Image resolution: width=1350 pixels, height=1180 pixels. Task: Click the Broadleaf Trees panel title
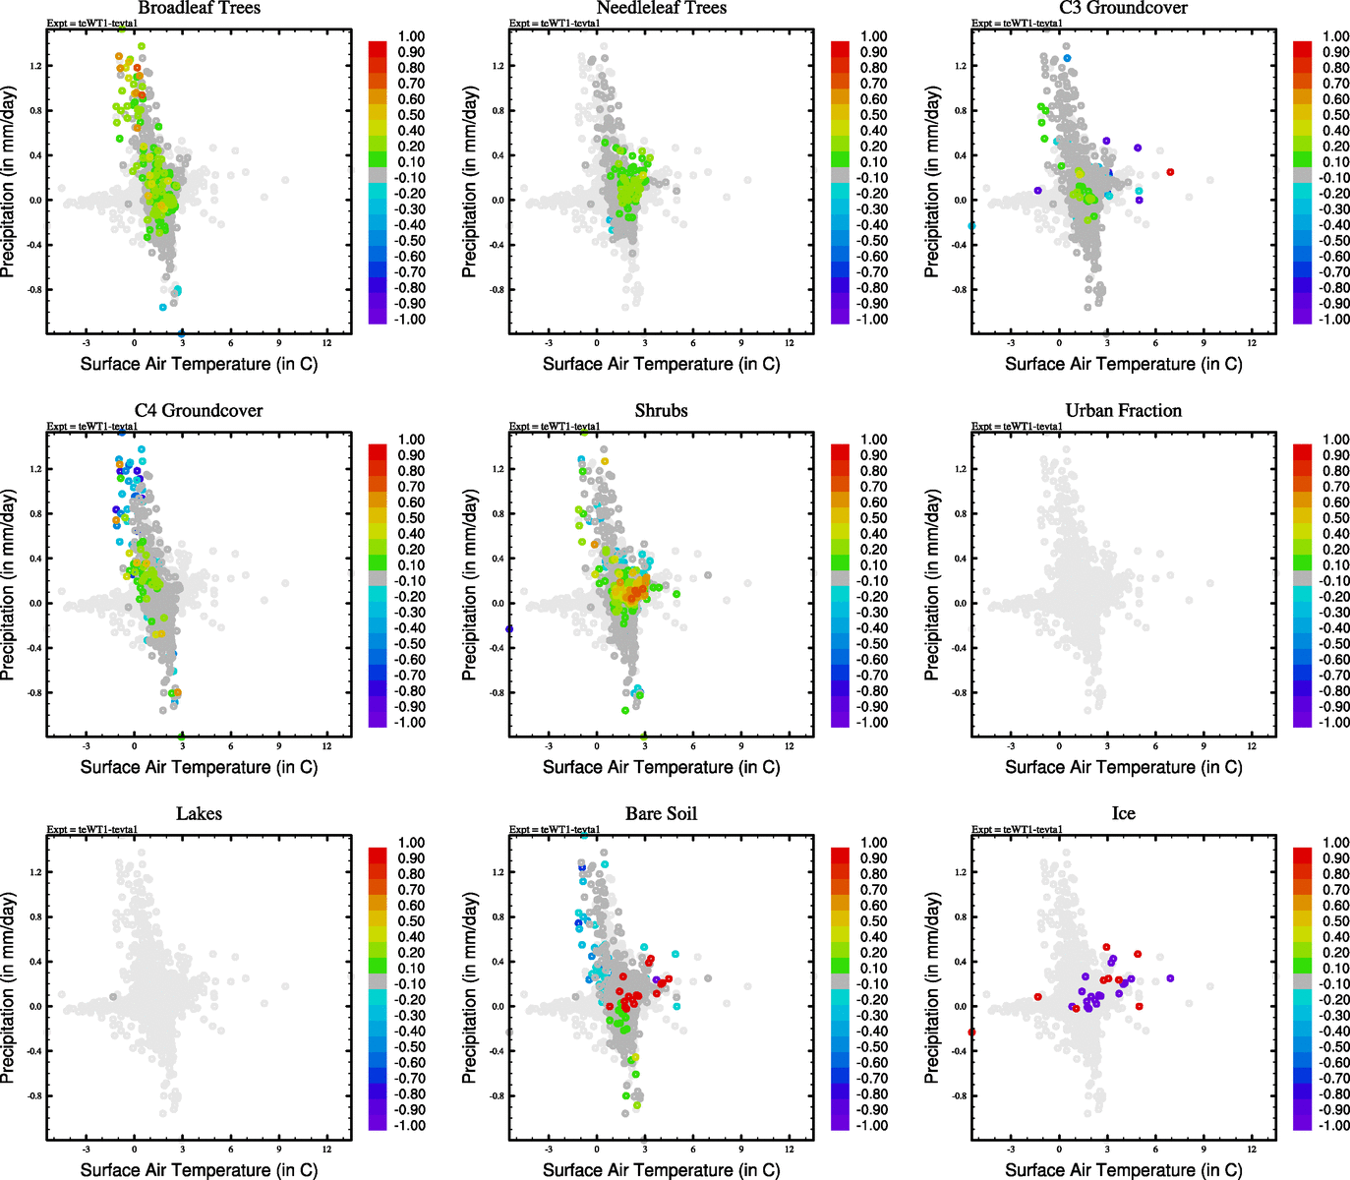click(x=199, y=8)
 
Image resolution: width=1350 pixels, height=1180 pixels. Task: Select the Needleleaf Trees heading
click(x=661, y=8)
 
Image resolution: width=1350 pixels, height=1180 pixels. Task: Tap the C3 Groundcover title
click(x=1123, y=8)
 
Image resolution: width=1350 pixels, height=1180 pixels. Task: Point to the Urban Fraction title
click(x=1123, y=410)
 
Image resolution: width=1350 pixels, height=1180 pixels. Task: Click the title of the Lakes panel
click(x=199, y=813)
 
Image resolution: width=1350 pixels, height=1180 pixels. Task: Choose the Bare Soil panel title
click(x=661, y=813)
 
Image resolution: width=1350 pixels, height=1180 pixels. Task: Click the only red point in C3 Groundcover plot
click(x=1170, y=172)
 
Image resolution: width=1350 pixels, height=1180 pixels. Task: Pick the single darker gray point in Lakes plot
click(x=113, y=997)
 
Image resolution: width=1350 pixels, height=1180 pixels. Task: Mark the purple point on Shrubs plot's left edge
click(x=509, y=629)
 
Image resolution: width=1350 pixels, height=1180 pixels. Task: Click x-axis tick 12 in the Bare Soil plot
click(x=790, y=1149)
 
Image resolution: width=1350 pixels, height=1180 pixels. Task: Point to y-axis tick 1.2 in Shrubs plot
click(x=499, y=469)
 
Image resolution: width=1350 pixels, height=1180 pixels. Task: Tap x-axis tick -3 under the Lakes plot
click(x=87, y=1149)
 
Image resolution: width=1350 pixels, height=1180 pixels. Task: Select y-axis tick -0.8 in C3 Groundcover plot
click(x=961, y=290)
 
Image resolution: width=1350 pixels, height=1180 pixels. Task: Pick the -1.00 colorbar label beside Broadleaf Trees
click(x=411, y=320)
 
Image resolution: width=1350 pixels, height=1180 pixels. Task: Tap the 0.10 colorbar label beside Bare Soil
click(x=874, y=969)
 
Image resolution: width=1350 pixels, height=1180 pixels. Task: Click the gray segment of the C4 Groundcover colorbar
click(x=378, y=579)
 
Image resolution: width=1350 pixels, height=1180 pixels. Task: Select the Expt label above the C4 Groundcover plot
click(x=92, y=426)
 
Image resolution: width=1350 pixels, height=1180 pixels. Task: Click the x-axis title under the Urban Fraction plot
click(x=1123, y=767)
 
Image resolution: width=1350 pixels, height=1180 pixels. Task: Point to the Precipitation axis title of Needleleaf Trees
click(x=470, y=182)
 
